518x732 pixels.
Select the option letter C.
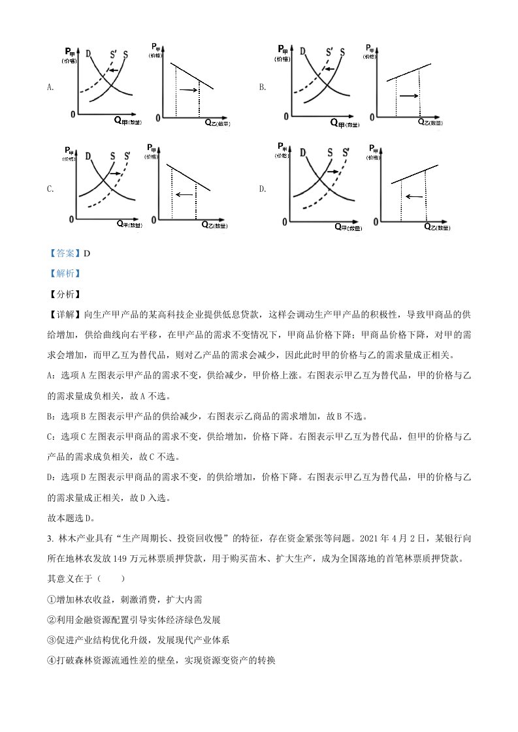coord(50,189)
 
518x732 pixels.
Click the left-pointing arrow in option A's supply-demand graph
coord(113,70)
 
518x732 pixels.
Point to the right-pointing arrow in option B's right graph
coord(408,96)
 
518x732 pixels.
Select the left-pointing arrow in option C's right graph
coord(184,194)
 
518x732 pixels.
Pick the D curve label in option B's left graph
coord(302,52)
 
